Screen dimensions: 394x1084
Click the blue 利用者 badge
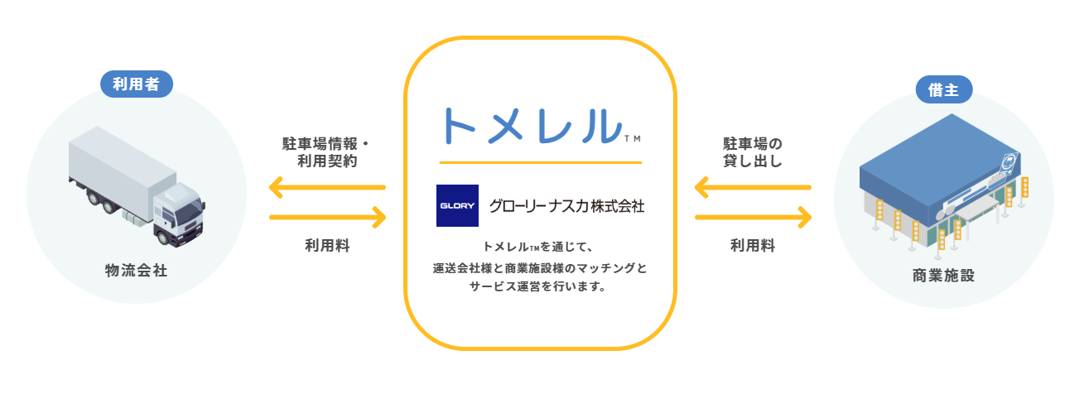tap(136, 84)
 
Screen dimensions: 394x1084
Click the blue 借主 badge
tap(943, 90)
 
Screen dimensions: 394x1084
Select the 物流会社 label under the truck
tap(137, 271)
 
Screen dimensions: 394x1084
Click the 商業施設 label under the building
tap(943, 276)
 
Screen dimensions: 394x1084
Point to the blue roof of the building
tap(919, 179)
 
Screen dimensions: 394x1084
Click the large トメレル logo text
tap(532, 125)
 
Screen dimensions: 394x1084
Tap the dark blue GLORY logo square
tap(457, 205)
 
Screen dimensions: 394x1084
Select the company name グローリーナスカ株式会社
tap(566, 205)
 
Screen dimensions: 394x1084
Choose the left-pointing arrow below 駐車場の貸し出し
tap(752, 189)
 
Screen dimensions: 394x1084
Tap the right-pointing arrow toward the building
tap(752, 218)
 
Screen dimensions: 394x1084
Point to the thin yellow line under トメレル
tap(540, 161)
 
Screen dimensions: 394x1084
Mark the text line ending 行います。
tap(539, 289)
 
